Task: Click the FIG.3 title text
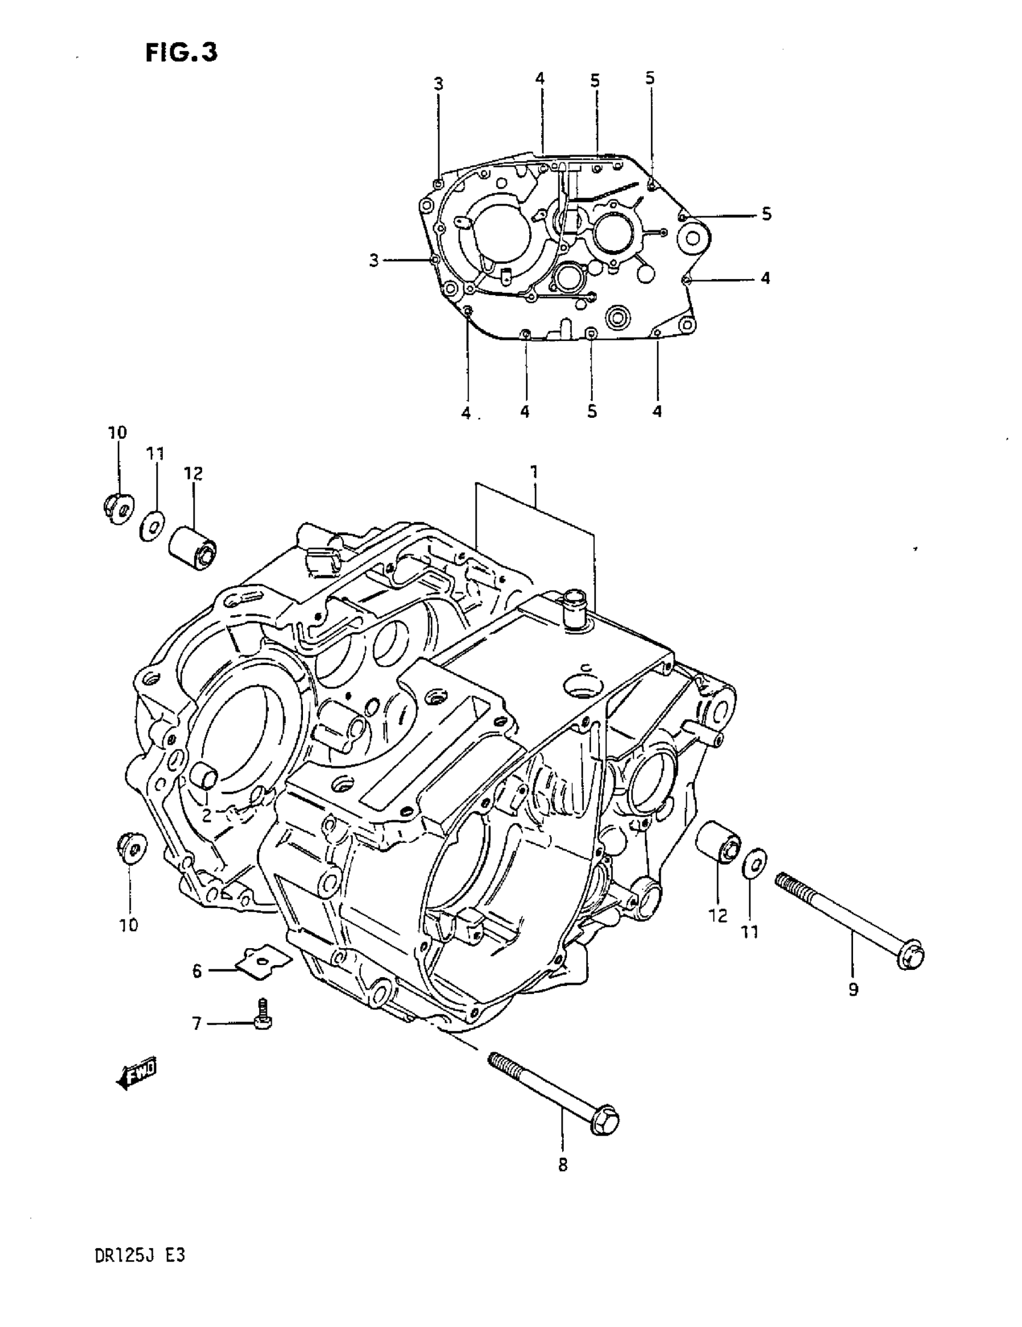181,53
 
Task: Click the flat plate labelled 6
263,962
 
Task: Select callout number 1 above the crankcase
533,472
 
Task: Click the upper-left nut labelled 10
117,508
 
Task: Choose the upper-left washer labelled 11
151,525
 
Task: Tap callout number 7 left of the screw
197,1025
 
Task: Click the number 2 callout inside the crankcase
207,815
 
